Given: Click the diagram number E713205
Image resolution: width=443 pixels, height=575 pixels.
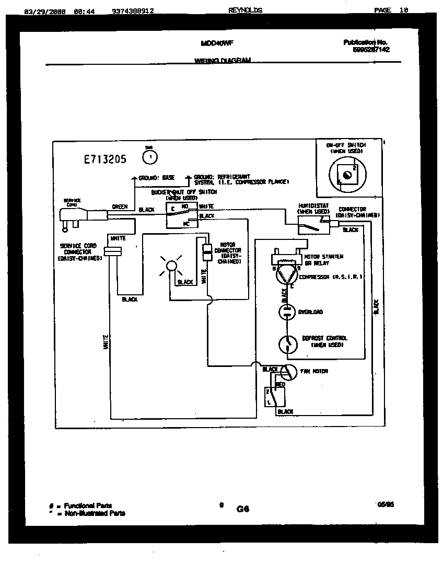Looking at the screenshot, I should [x=105, y=160].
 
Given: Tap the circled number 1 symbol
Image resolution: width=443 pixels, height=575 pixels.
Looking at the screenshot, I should [x=150, y=156].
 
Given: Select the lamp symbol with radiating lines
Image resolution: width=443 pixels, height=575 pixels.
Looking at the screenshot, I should [x=171, y=267].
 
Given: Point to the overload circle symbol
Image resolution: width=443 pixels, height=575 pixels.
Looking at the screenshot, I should [x=286, y=312].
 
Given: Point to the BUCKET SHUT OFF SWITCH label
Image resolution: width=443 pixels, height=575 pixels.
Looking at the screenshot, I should [x=184, y=192].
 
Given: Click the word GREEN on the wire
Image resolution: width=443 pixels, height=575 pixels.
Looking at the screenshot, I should [x=120, y=207].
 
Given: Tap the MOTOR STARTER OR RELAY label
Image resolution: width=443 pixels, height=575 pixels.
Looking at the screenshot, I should [x=324, y=260].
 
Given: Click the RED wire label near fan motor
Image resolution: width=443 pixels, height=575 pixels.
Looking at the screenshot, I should [x=280, y=385].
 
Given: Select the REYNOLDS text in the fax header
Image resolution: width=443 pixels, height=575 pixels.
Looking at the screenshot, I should [x=245, y=10].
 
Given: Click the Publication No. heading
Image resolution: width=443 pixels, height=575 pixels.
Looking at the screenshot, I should [x=366, y=42].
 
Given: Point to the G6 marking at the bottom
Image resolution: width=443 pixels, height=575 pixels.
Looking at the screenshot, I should [x=243, y=509].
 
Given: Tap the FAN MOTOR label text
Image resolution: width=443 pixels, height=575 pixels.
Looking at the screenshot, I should [x=314, y=372].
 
